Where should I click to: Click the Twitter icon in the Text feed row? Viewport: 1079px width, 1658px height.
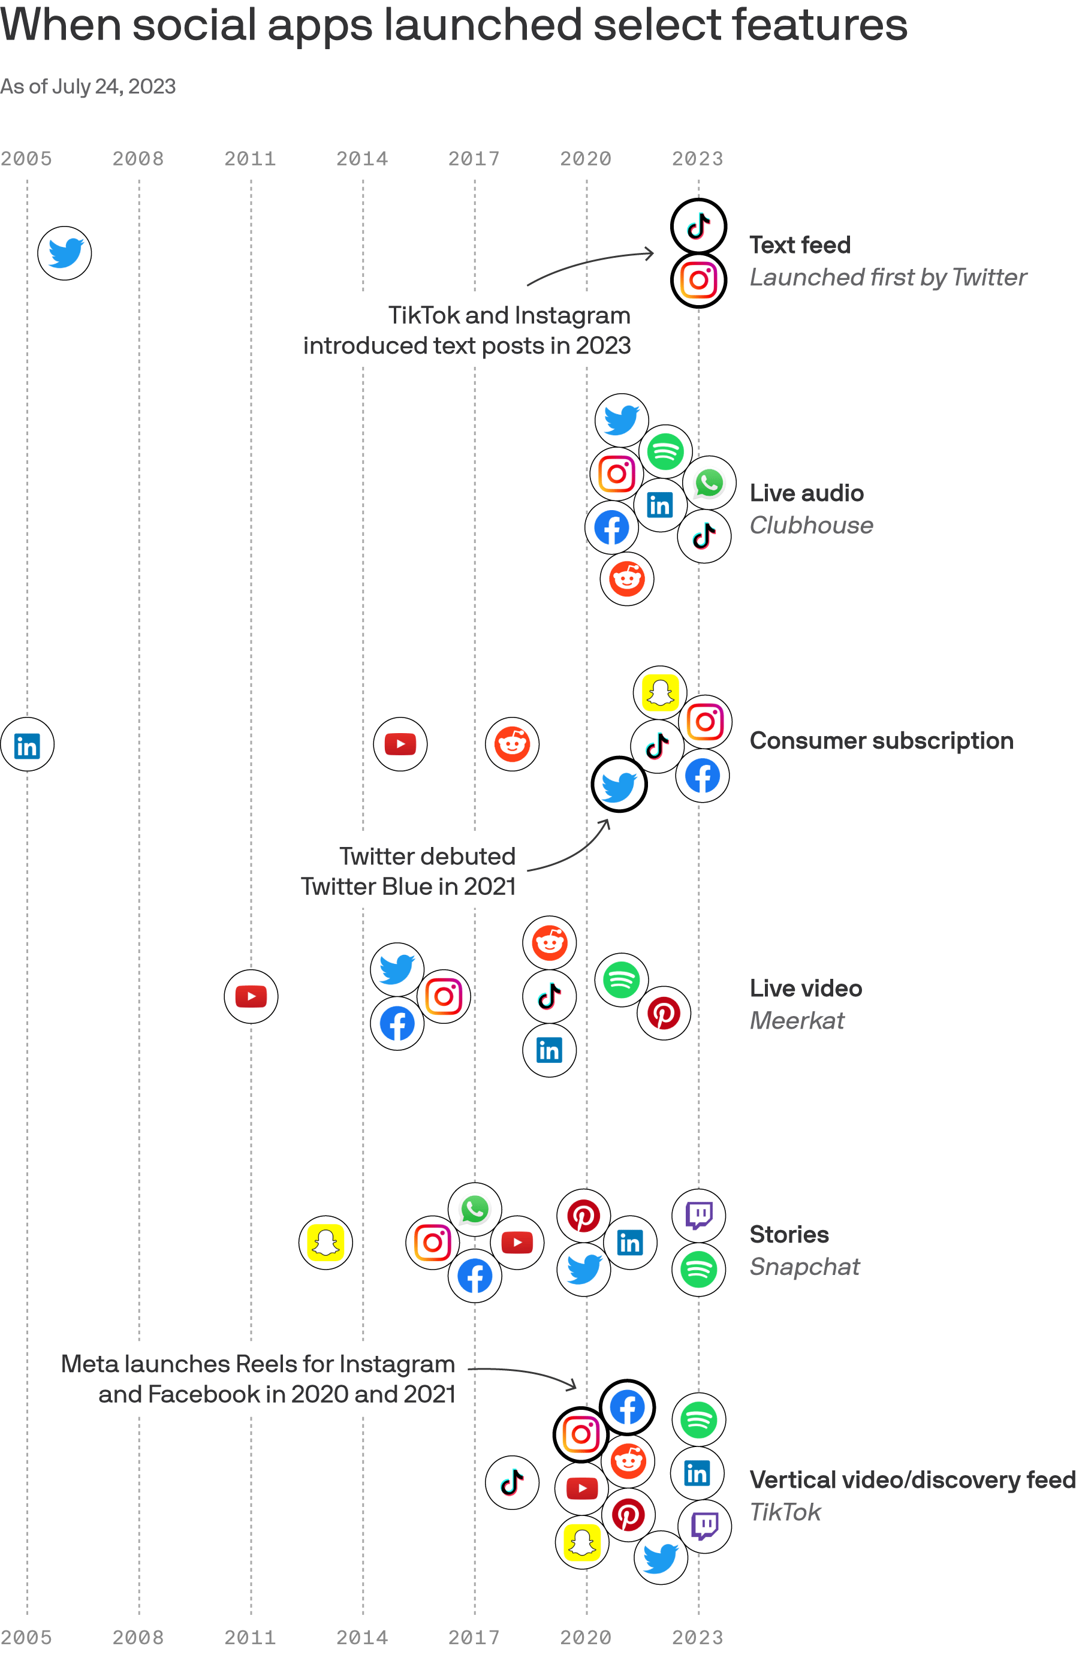click(x=64, y=253)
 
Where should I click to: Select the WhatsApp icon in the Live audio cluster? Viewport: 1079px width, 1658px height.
click(x=709, y=483)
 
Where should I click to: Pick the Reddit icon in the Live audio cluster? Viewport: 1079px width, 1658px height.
click(x=627, y=579)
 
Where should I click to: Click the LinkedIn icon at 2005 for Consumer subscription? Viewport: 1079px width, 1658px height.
click(x=27, y=744)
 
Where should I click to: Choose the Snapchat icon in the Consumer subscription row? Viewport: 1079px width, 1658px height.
click(x=659, y=692)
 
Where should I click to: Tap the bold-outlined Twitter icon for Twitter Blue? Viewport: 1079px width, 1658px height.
click(x=619, y=785)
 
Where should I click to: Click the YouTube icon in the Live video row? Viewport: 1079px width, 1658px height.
click(x=251, y=996)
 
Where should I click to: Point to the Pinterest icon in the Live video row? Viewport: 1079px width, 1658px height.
click(x=664, y=1013)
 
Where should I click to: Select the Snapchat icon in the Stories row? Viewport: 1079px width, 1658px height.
click(x=325, y=1243)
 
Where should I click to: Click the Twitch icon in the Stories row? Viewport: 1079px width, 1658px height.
click(x=699, y=1216)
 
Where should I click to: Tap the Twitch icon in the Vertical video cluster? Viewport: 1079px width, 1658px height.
click(x=704, y=1526)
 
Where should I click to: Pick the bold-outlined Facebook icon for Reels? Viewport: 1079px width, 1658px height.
click(x=627, y=1407)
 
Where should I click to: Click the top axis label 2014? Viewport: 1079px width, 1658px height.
click(x=362, y=159)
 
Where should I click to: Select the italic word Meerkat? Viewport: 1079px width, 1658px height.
click(x=797, y=1021)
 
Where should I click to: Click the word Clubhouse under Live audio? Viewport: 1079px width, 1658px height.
click(x=812, y=525)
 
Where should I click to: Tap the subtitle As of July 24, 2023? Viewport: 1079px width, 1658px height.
click(x=88, y=86)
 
